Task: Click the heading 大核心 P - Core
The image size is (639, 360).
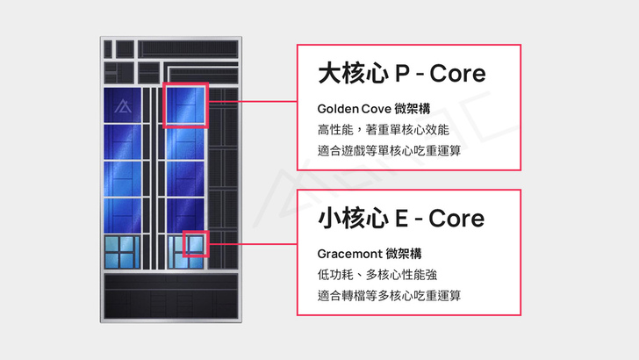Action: tap(401, 73)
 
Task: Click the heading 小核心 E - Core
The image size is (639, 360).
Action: tap(401, 218)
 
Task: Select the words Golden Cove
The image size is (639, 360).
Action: tap(355, 109)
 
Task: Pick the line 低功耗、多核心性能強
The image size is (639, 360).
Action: tap(383, 274)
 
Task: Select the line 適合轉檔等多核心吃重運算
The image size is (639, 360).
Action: tap(390, 295)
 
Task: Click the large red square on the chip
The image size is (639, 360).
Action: tap(186, 105)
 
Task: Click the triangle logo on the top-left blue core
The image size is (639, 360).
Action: tap(126, 107)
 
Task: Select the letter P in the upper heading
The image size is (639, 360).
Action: tap(406, 73)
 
